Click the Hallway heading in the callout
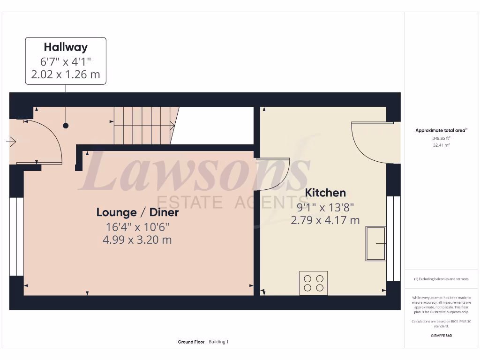[x=66, y=47]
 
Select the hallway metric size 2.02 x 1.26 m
[x=66, y=75]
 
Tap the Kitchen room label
[x=325, y=193]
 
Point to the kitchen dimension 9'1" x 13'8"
[x=325, y=207]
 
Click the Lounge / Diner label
[x=137, y=212]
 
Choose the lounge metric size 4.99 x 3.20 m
[x=137, y=240]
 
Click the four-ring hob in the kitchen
[x=314, y=283]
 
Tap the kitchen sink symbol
[x=376, y=243]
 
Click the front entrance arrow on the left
[x=12, y=141]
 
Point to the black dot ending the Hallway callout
[x=66, y=126]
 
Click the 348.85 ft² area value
[x=441, y=138]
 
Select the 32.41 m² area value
[x=441, y=145]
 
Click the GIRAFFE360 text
[x=441, y=336]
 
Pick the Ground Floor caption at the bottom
[x=191, y=342]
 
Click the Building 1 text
[x=218, y=342]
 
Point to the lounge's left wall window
[x=13, y=236]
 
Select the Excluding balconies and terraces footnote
[x=441, y=279]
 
